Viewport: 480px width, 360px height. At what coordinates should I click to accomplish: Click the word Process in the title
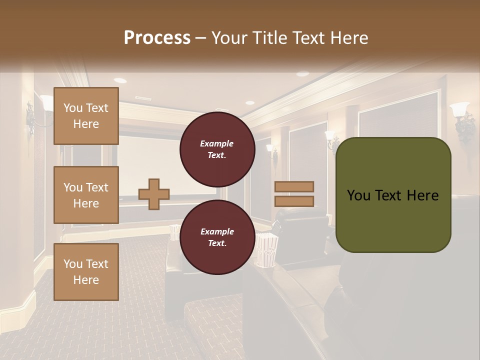(x=157, y=38)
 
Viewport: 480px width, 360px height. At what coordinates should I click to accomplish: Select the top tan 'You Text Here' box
(x=86, y=116)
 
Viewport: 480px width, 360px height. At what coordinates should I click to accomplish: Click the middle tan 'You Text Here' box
(x=86, y=195)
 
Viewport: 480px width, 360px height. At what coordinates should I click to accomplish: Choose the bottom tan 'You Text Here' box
(x=86, y=272)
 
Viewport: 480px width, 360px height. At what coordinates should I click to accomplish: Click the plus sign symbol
(x=154, y=194)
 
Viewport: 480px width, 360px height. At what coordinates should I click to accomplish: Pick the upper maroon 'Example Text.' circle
(x=217, y=149)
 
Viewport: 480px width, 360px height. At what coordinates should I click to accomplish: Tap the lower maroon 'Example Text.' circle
(x=217, y=237)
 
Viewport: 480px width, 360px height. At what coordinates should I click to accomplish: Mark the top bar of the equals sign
(x=294, y=186)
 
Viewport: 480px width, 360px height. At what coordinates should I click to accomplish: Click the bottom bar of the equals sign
(x=294, y=201)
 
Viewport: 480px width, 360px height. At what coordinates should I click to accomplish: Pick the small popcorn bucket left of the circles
(x=174, y=232)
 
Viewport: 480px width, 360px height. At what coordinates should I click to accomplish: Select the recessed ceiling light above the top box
(x=120, y=80)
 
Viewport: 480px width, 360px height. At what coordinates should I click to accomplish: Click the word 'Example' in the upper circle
(x=217, y=143)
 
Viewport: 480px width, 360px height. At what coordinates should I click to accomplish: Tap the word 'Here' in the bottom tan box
(x=86, y=280)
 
